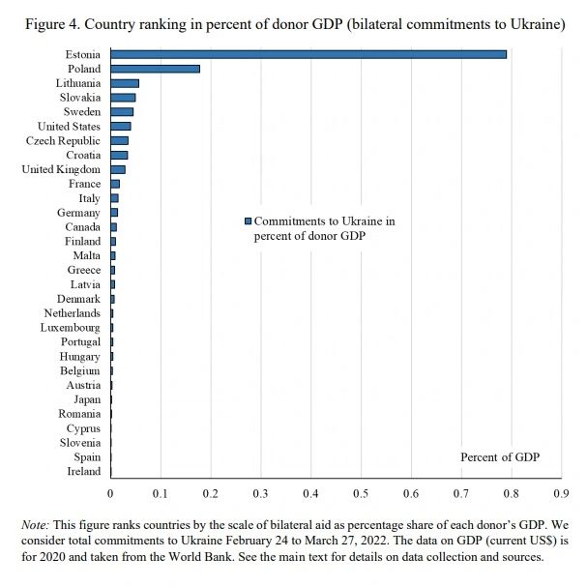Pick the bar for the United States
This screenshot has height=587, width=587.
pyautogui.click(x=121, y=126)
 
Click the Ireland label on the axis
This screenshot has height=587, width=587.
pyautogui.click(x=83, y=472)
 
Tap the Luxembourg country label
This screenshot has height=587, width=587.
pyautogui.click(x=71, y=328)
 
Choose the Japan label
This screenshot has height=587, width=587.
pyautogui.click(x=87, y=399)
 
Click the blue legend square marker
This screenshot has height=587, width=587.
pyautogui.click(x=248, y=221)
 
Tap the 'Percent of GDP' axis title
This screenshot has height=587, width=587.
pyautogui.click(x=500, y=456)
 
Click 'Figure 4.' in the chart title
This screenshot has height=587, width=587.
pyautogui.click(x=49, y=24)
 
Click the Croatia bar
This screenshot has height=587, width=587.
pyautogui.click(x=119, y=155)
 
